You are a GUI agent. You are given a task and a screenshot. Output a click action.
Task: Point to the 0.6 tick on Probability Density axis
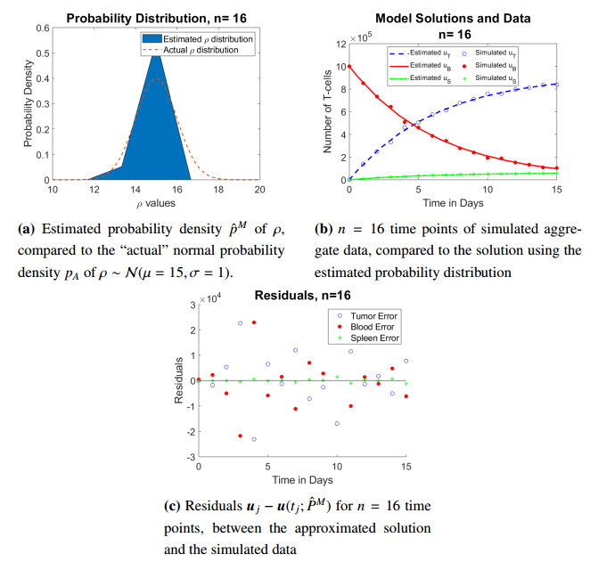pos(43,28)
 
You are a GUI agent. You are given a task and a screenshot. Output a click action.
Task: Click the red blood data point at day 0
pos(349,66)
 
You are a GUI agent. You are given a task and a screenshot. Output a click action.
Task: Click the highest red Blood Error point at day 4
pos(254,322)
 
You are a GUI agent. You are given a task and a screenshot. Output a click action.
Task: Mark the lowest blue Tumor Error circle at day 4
pos(254,439)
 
